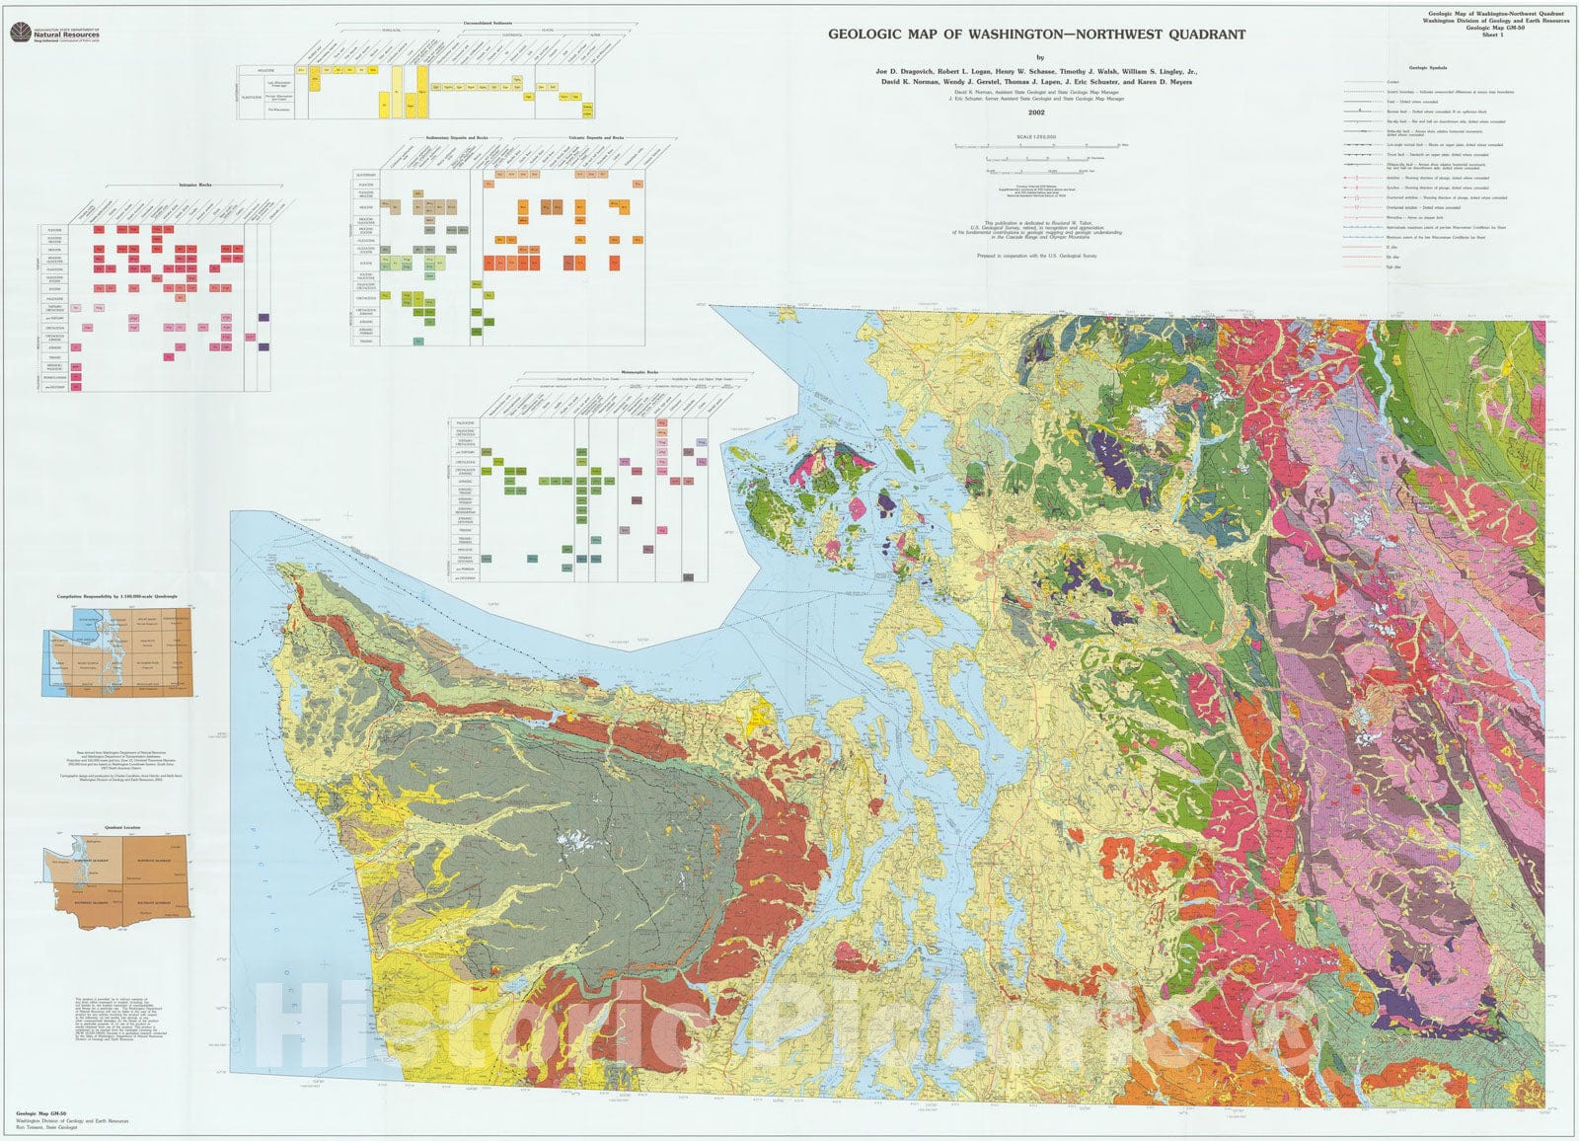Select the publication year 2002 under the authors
pyautogui.click(x=1035, y=112)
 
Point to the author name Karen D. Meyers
pyautogui.click(x=1161, y=82)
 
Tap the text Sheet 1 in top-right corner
pyautogui.click(x=1535, y=36)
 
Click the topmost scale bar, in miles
pyautogui.click(x=1036, y=145)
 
